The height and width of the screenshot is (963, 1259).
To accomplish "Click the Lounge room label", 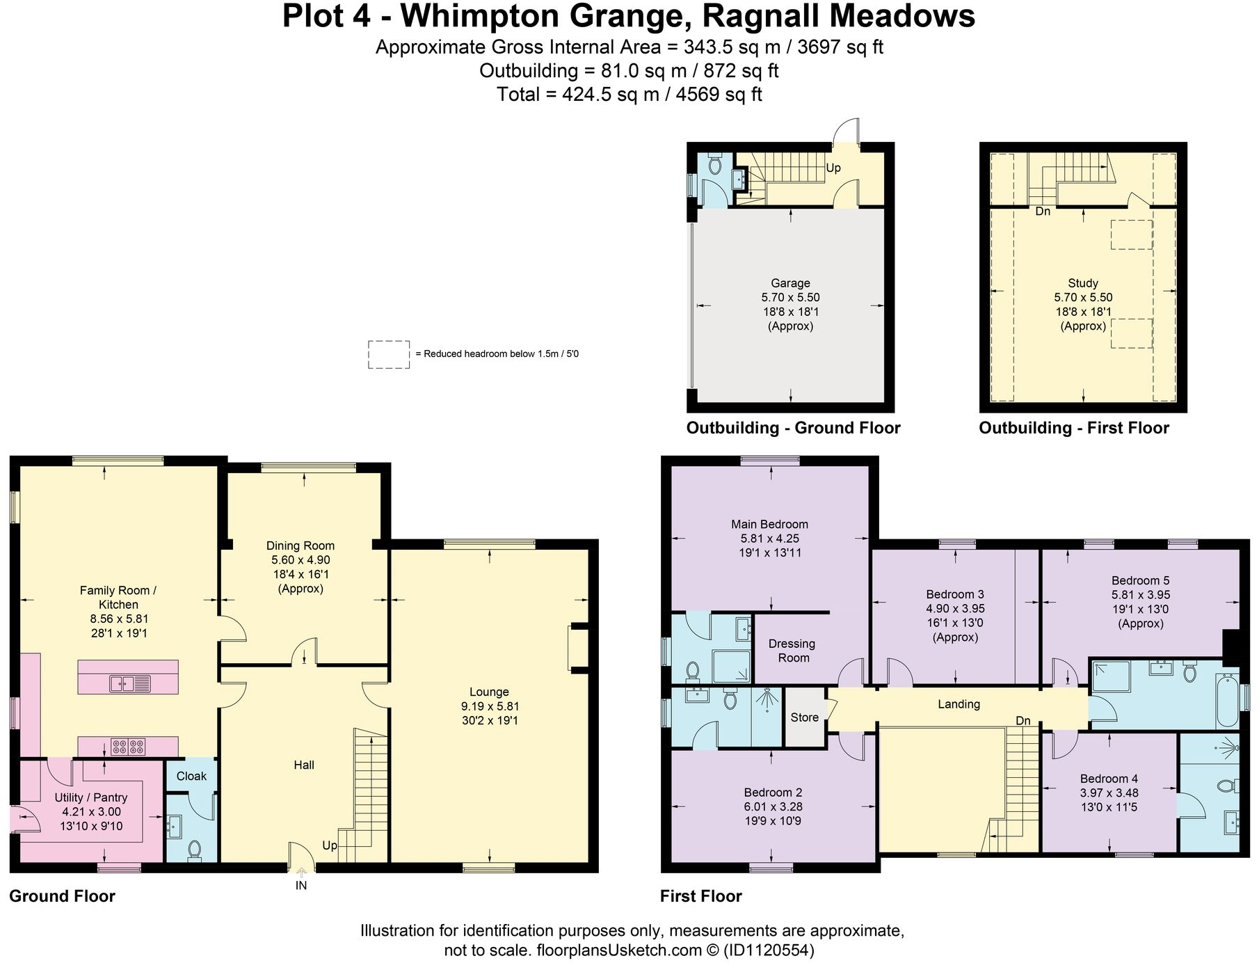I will coord(489,692).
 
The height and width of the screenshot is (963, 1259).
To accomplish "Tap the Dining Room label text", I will coord(300,546).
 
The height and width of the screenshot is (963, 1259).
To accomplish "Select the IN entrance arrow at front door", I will coord(301,873).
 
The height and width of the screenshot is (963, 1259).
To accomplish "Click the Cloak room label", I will coord(191,776).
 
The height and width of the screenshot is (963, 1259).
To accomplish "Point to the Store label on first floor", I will coord(804,717).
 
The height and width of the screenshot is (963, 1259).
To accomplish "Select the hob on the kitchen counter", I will coord(128,747).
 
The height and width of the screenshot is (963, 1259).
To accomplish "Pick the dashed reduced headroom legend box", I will coord(388,354).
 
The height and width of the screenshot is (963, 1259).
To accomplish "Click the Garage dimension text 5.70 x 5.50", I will coord(790,297).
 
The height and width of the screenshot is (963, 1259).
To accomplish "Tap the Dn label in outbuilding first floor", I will coord(1043,211).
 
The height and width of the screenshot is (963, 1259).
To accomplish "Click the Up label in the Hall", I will coord(329,845).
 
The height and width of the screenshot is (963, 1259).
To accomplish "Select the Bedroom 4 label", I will coord(1109,779).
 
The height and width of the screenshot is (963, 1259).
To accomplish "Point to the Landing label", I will coord(959,704).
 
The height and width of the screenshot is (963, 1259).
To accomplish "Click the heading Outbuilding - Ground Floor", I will coord(793,428).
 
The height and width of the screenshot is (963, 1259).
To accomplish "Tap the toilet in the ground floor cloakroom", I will coord(195,850).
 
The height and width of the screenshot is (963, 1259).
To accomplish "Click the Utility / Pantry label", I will coord(91,797).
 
